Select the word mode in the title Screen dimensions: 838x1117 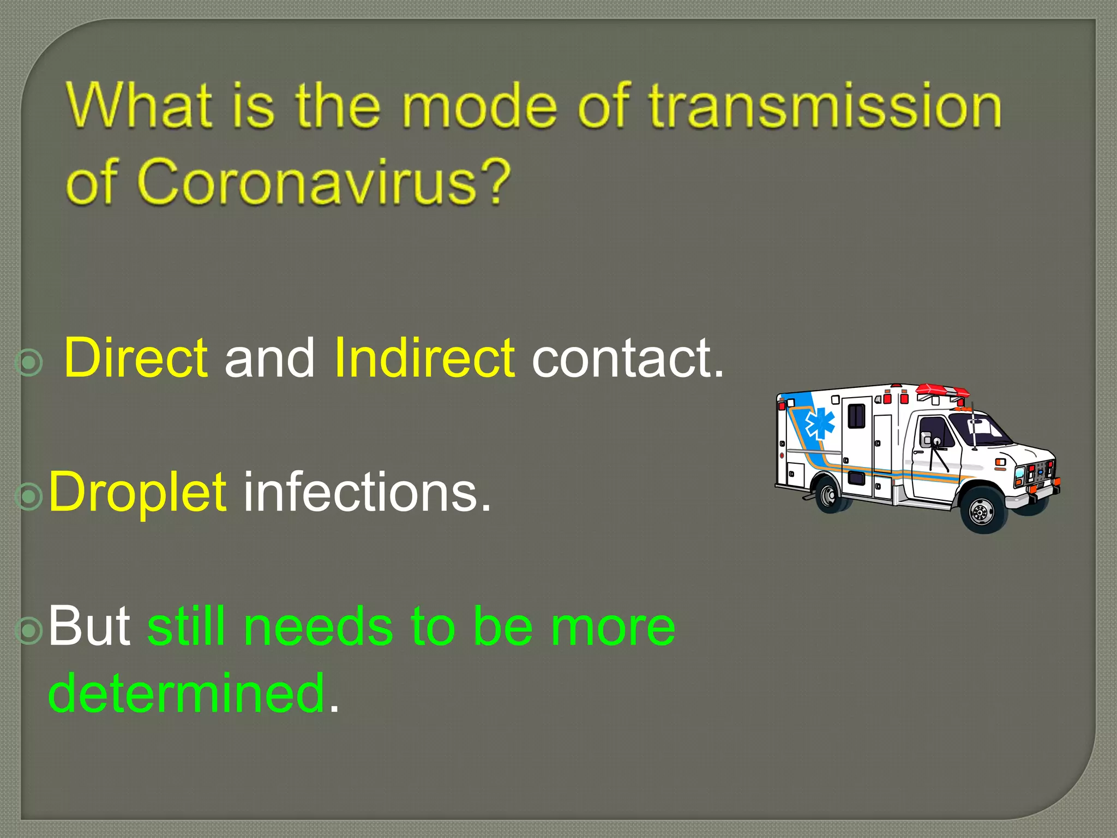click(x=480, y=106)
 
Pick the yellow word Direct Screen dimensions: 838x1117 click(x=135, y=358)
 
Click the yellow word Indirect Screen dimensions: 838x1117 click(x=424, y=358)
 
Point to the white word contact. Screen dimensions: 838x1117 click(x=627, y=359)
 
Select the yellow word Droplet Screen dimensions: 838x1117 click(x=137, y=493)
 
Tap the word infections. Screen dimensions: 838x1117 click(x=367, y=493)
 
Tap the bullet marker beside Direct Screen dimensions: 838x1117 click(x=29, y=363)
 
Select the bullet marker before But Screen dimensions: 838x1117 click(x=29, y=630)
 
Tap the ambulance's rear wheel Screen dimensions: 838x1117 click(x=829, y=494)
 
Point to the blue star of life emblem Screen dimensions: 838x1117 click(x=820, y=424)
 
